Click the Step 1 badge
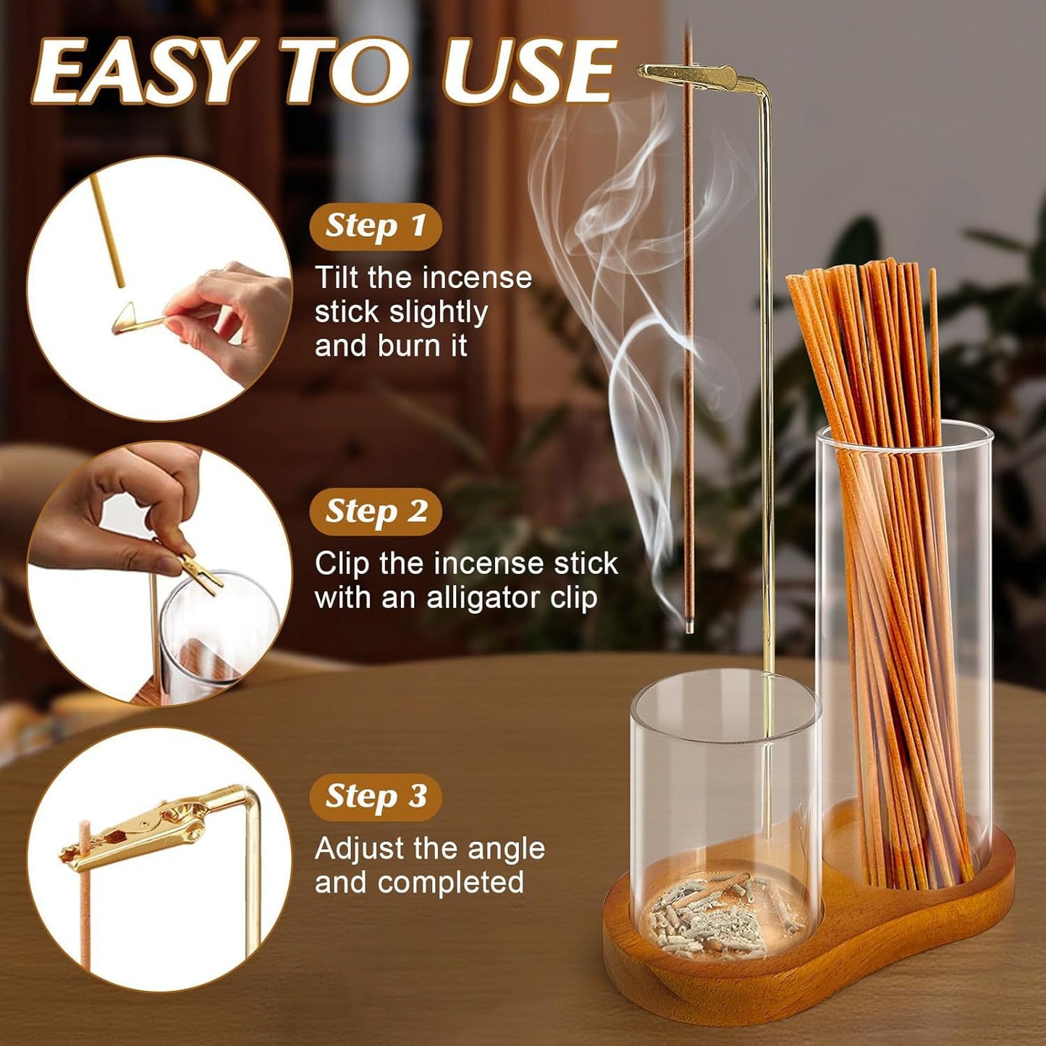375,226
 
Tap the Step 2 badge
376,512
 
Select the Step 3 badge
376,796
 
